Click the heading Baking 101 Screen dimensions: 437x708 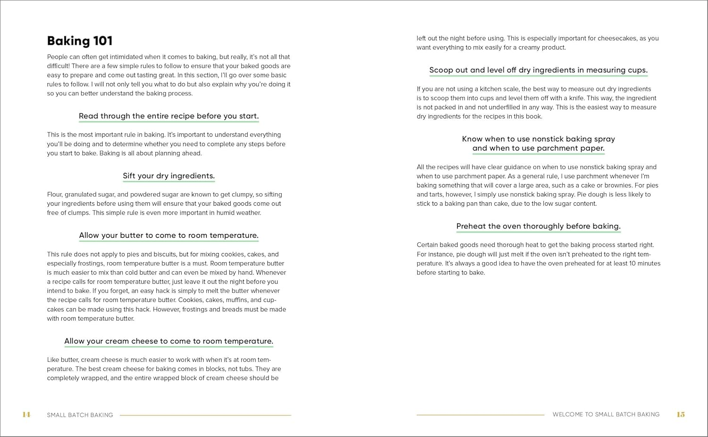click(x=80, y=41)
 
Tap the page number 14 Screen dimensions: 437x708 click(x=26, y=415)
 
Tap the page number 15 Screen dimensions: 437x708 click(x=681, y=414)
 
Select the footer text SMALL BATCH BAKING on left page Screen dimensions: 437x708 click(x=80, y=415)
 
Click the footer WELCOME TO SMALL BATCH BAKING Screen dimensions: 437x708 click(x=606, y=414)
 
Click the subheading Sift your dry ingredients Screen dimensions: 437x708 click(x=169, y=176)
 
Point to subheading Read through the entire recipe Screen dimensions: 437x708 click(x=169, y=116)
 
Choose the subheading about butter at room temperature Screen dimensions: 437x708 click(x=169, y=235)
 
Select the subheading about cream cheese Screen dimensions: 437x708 click(x=169, y=341)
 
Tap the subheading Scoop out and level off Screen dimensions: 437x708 click(x=538, y=70)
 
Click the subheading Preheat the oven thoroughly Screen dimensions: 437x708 click(x=538, y=226)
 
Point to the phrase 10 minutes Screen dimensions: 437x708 click(x=645, y=263)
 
